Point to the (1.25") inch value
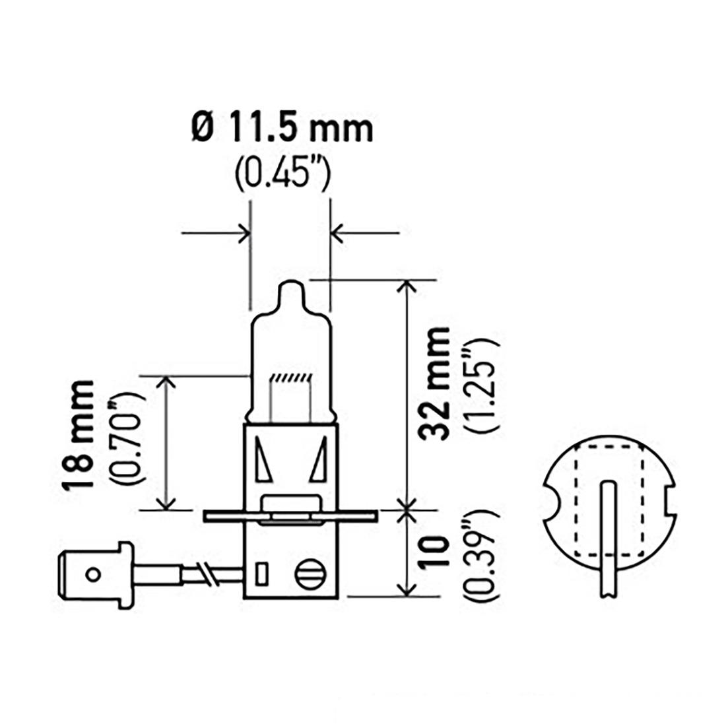click(483, 385)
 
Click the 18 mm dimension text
click(79, 435)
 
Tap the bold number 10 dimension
click(434, 552)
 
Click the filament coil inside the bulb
click(291, 378)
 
